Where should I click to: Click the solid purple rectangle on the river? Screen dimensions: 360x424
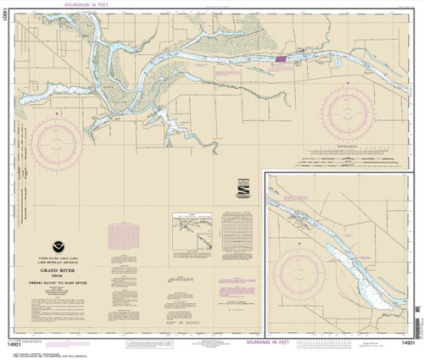(x=280, y=59)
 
